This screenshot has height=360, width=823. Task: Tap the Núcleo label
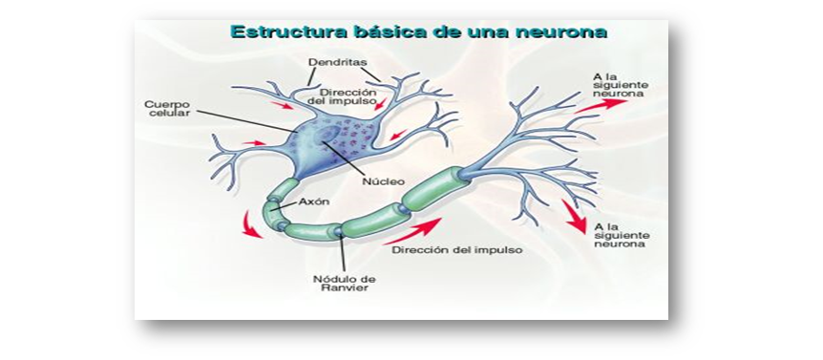tap(385, 180)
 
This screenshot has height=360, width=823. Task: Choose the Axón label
tap(314, 202)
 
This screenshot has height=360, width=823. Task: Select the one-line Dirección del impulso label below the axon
tap(447, 250)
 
